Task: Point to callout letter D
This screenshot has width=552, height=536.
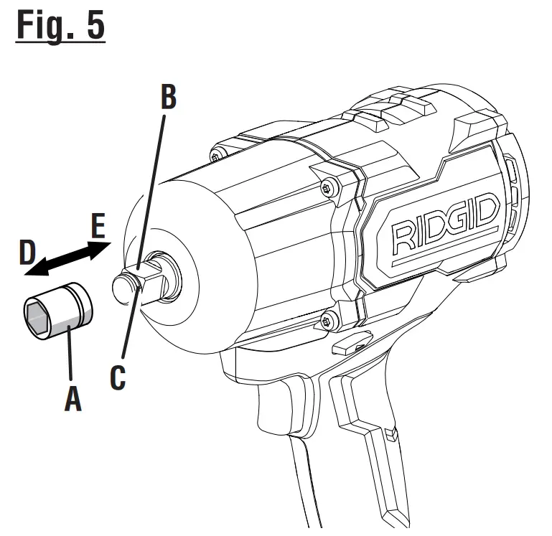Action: (27, 254)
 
